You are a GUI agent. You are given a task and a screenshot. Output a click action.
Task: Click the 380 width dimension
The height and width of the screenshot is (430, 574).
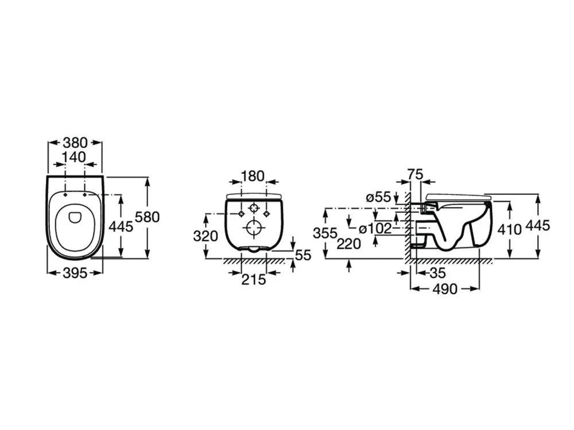tap(75, 142)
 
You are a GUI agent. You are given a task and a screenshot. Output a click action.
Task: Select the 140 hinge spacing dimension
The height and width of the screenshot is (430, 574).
tap(73, 158)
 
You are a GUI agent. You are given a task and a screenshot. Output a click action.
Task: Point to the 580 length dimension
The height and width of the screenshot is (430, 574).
tap(148, 217)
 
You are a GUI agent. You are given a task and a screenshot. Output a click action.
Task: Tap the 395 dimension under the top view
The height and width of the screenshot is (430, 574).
tap(75, 273)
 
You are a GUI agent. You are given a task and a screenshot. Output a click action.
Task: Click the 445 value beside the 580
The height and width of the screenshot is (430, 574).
tap(121, 226)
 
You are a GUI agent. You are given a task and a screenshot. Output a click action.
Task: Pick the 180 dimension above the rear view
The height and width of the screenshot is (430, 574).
tap(253, 176)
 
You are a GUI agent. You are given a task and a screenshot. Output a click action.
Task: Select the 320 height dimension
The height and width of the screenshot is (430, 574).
tap(205, 236)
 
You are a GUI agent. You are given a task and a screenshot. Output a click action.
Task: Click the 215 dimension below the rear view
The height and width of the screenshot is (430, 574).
tap(254, 280)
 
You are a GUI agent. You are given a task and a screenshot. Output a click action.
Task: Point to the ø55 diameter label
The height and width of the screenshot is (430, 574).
tap(378, 197)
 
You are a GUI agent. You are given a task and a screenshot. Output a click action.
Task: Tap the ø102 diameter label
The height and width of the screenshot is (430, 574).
tap(375, 229)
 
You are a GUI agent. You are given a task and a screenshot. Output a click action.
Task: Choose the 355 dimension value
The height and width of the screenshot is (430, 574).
tap(325, 233)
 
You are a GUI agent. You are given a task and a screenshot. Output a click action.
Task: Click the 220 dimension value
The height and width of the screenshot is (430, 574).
tap(349, 244)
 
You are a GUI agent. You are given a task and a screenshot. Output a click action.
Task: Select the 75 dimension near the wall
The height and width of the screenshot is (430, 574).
tap(415, 174)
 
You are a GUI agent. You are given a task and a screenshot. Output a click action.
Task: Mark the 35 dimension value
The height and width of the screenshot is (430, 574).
tap(437, 273)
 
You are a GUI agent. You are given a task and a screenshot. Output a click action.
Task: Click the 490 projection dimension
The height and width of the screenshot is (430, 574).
tap(445, 289)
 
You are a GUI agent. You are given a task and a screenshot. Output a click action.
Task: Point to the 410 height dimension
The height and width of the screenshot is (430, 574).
tap(510, 230)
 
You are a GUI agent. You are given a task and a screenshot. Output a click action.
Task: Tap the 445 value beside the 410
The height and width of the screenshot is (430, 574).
tap(538, 225)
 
